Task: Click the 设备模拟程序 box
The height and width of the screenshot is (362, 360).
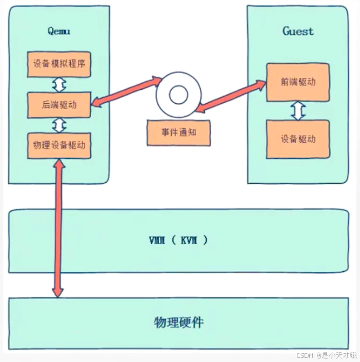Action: (59, 65)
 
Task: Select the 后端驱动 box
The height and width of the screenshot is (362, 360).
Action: (59, 104)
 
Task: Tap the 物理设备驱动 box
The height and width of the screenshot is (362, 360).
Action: (59, 145)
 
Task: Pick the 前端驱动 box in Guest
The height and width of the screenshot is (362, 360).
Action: (298, 81)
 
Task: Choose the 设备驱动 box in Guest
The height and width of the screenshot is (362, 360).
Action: (298, 139)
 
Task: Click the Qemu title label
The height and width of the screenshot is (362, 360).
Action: (58, 31)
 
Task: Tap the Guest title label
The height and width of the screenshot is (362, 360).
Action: (298, 31)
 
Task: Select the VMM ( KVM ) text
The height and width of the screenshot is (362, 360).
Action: (179, 241)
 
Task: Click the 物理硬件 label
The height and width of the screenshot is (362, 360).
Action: (179, 322)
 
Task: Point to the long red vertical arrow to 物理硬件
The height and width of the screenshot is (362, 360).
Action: (57, 230)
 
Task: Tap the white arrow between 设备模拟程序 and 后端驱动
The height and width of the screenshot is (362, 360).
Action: (59, 85)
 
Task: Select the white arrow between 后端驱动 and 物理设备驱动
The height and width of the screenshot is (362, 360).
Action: (59, 125)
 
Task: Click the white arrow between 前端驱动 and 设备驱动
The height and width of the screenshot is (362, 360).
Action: (298, 110)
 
